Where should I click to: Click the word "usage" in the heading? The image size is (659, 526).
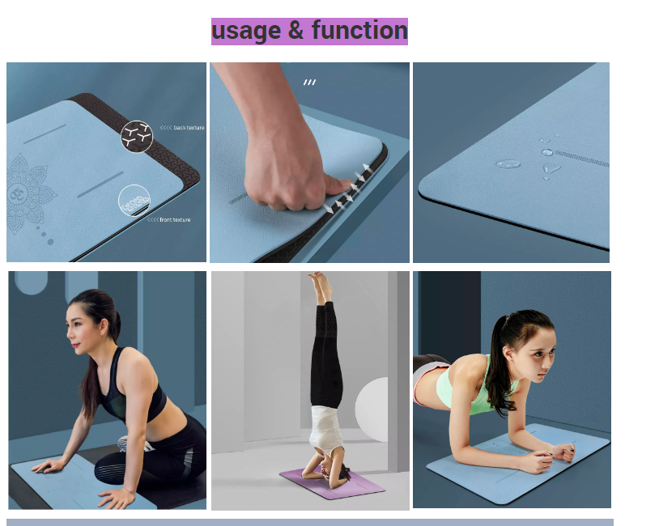(246, 32)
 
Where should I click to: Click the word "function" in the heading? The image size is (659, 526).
(359, 30)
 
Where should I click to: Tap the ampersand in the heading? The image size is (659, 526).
(295, 31)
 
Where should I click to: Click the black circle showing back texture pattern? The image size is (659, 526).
(137, 137)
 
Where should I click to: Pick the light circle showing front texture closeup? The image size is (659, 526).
(134, 201)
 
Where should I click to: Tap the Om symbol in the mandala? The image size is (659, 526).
(18, 194)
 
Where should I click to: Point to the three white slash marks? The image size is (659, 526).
(309, 83)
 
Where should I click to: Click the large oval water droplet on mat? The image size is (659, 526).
(508, 163)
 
